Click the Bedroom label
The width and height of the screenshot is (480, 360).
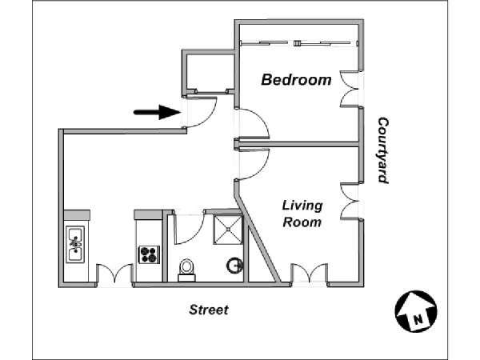[x=296, y=80]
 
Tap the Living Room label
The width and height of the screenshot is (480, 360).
[x=302, y=214]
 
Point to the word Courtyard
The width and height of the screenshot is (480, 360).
[x=383, y=150]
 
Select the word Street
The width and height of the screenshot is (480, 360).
[x=209, y=310]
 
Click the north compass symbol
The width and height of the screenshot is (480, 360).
[x=416, y=311]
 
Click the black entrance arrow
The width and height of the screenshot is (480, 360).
[x=157, y=112]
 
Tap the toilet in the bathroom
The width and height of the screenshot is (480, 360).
[x=186, y=270]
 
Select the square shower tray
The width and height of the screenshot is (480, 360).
[x=228, y=230]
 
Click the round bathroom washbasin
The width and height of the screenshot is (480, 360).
[x=234, y=266]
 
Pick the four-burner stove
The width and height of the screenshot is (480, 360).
[x=149, y=254]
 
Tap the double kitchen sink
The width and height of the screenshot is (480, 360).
[x=75, y=244]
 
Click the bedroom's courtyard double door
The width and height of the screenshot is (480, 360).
[x=350, y=89]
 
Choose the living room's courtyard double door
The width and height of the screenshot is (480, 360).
[x=350, y=202]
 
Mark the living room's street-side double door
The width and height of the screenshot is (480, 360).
[x=309, y=274]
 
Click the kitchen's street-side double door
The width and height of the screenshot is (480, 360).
[x=114, y=274]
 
